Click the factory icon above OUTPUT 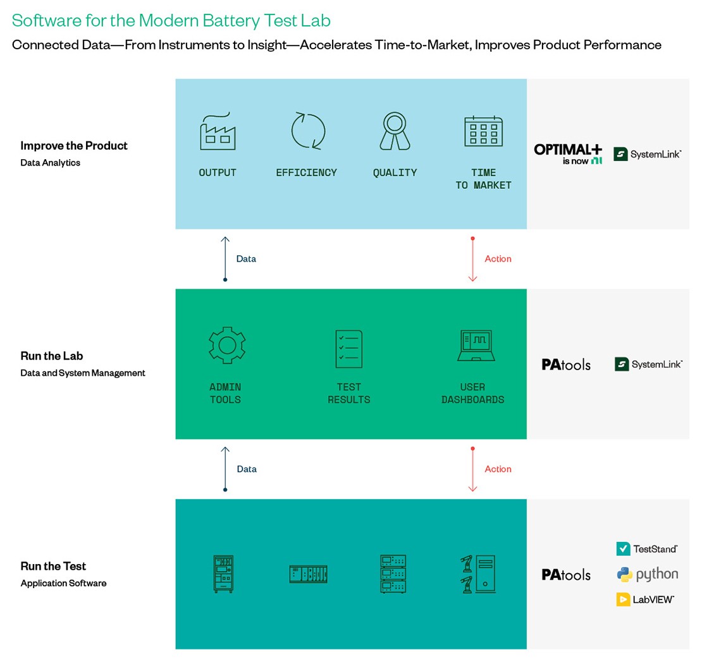coord(218,131)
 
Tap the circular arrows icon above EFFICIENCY coord(308,131)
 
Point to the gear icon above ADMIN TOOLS coord(226,346)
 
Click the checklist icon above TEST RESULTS coord(348,349)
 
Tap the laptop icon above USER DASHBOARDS coord(476,346)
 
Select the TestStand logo coord(646,548)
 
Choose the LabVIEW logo coord(644,599)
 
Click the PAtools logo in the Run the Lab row coord(566,364)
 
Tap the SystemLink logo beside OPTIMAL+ coord(648,153)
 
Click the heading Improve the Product coord(74,146)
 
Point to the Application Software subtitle coord(63,583)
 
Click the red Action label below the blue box coord(498,259)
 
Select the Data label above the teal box coord(246,469)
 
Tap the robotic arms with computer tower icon coord(477,574)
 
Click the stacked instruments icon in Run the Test coord(393,574)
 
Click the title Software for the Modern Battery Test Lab coord(171,21)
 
